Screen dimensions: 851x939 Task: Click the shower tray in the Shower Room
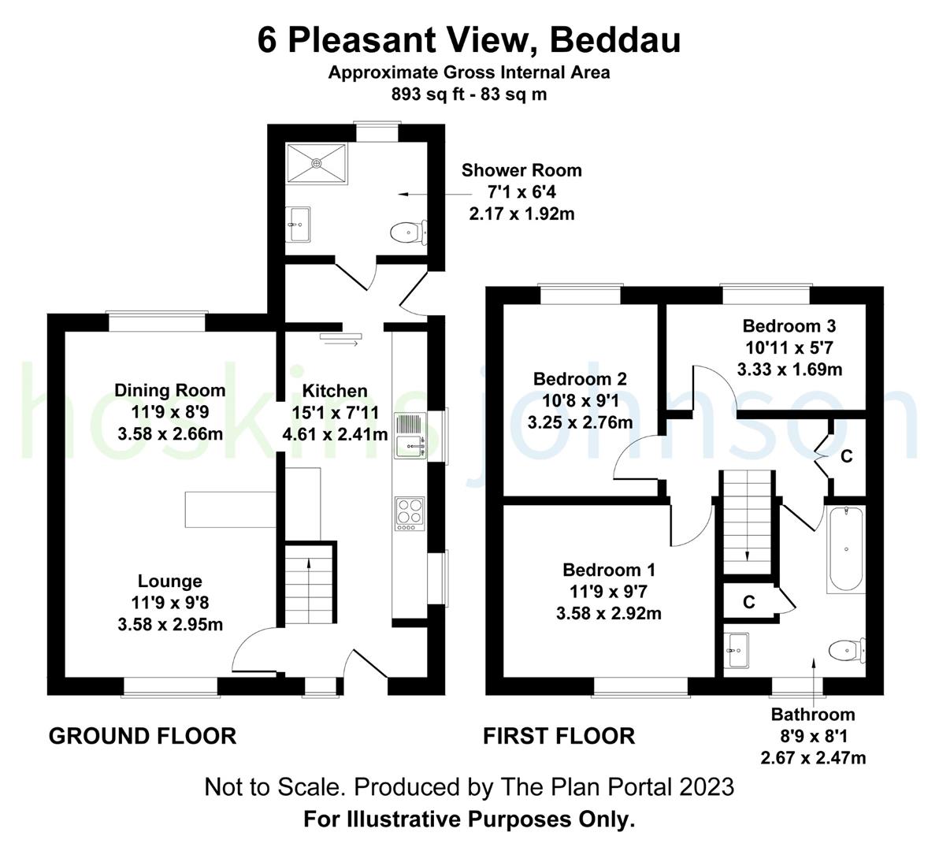317,163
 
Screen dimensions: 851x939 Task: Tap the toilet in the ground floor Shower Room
406,232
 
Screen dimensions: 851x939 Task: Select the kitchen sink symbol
410,436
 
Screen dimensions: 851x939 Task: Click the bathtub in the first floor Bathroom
845,550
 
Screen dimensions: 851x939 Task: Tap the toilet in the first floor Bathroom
847,650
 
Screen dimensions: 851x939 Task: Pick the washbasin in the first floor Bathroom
738,650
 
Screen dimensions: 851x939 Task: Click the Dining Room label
170,391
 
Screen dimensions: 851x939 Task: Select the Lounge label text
170,582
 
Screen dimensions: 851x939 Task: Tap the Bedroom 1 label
609,570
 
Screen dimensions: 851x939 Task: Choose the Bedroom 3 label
789,326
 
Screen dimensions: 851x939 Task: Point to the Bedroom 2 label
580,379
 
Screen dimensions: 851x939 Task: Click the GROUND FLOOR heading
143,736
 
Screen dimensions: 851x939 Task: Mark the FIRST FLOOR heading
559,736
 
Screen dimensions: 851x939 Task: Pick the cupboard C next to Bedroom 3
847,456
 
